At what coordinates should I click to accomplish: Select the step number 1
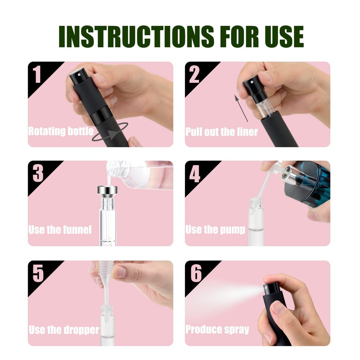point(37,74)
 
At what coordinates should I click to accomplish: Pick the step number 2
point(194,74)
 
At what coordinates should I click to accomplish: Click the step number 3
point(38,174)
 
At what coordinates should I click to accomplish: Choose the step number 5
point(38,274)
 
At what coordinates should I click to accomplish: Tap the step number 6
point(195,274)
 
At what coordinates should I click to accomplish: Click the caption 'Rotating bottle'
point(61,131)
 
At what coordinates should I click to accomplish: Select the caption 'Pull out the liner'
point(221,132)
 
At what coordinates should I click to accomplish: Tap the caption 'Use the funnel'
point(60,230)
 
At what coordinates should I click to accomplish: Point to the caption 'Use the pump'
point(215,230)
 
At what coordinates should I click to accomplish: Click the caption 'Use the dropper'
point(64,329)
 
